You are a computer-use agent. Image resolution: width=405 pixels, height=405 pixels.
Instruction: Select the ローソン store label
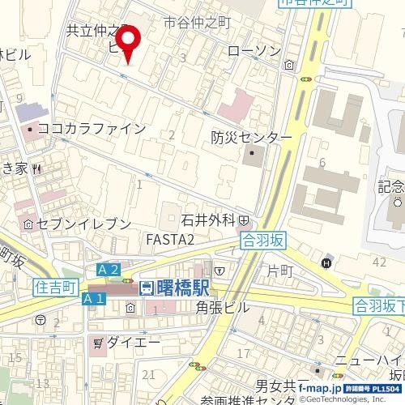pos(254,51)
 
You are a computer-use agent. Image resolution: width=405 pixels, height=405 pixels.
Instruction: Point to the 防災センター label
pos(251,138)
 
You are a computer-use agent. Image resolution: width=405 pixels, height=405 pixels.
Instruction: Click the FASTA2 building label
pos(169,239)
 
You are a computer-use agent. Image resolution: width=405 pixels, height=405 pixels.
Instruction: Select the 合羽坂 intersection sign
pos(264,240)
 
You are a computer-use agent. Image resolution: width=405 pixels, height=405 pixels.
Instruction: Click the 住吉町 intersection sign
pos(56,287)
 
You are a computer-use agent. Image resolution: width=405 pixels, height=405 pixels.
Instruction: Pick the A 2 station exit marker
pos(109,269)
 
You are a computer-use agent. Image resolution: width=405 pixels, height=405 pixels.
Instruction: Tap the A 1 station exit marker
pos(94,299)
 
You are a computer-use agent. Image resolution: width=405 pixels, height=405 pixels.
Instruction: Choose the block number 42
pos(380,262)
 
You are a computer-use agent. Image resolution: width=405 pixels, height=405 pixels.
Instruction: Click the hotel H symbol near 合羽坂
pos(327,262)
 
